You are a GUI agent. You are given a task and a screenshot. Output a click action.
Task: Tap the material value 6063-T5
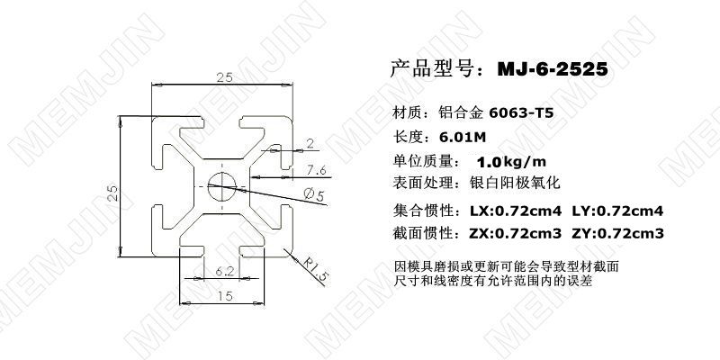[525, 114]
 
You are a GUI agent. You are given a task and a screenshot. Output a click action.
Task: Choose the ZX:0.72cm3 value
[517, 234]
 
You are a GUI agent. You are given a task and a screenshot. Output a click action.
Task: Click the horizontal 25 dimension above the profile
[225, 78]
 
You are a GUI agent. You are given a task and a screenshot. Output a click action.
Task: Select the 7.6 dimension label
[316, 170]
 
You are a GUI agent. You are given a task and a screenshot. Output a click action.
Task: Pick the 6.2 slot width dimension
[225, 269]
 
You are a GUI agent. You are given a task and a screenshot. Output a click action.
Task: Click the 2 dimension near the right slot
[310, 143]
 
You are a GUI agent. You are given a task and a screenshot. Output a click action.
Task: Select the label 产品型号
[427, 68]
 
